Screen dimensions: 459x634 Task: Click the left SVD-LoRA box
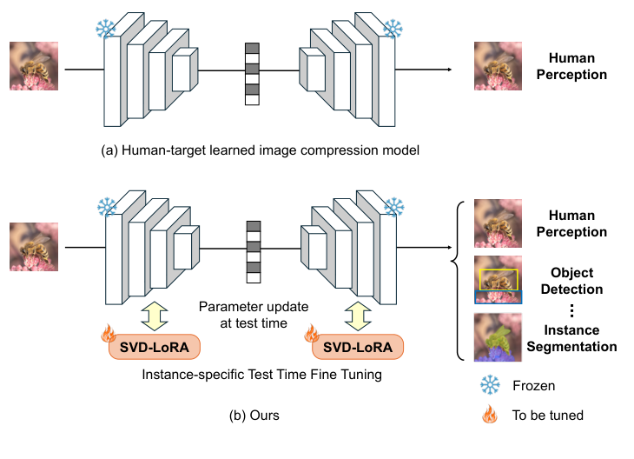click(x=154, y=348)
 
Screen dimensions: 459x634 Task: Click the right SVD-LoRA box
click(x=357, y=348)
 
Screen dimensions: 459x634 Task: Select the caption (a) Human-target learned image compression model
click(x=261, y=150)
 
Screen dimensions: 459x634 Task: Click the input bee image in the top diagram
click(x=34, y=67)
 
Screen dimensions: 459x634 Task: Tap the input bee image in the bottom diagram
click(x=34, y=247)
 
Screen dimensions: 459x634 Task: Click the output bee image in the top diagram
click(x=498, y=67)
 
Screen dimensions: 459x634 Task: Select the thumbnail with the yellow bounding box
click(x=498, y=279)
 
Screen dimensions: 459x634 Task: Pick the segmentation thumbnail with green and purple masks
click(x=498, y=336)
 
